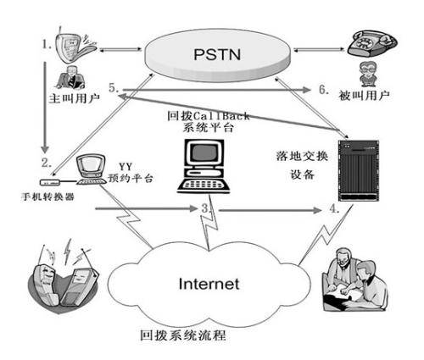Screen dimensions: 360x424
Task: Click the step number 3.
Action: [206, 208]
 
